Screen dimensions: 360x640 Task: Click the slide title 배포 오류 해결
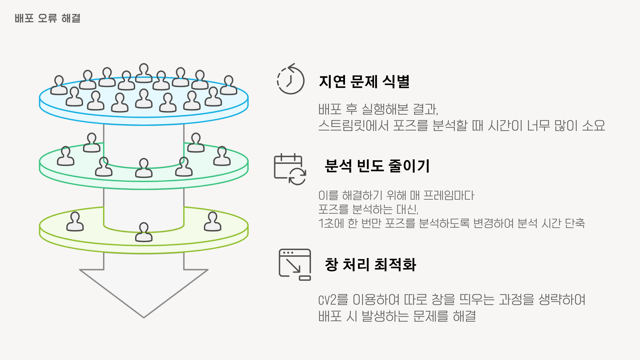coord(47,18)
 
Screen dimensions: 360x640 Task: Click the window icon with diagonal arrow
coord(295,264)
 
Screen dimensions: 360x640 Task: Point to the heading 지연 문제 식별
coord(364,82)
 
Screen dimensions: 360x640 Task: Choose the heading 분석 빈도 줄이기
coord(377,166)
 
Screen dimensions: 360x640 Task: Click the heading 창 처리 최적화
coord(370,265)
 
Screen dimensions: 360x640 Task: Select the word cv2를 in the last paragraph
coord(333,300)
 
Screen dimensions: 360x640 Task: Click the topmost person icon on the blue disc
coord(144,73)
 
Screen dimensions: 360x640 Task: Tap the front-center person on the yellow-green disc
coord(144,232)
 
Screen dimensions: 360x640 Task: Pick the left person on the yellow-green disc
coord(75,222)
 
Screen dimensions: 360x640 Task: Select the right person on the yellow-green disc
coord(212,222)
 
